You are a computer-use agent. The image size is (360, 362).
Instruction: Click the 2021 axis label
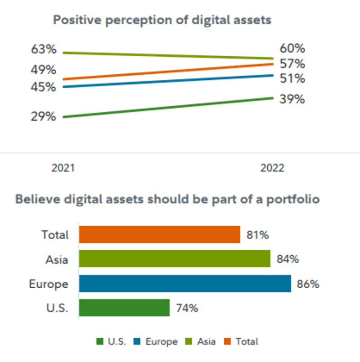pos(63,168)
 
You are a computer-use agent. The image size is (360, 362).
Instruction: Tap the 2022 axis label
pos(272,168)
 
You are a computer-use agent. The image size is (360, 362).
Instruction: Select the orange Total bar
pos(160,235)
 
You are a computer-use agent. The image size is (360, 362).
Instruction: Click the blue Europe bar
pos(185,284)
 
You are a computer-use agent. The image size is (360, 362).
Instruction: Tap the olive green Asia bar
pos(175,259)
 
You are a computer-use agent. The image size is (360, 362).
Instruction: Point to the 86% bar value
pos(308,284)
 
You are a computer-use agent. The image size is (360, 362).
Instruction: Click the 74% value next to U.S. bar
pos(187,308)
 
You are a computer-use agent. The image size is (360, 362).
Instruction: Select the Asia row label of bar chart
pos(57,259)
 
